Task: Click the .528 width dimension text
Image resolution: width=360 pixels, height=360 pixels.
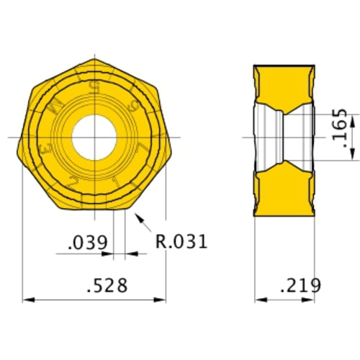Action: click(107, 286)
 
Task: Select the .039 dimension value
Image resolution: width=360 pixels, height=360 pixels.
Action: click(87, 242)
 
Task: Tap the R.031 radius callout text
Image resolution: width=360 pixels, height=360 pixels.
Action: click(181, 241)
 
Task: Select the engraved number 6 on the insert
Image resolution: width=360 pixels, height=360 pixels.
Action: click(130, 104)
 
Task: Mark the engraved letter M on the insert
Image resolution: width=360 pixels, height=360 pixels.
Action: click(57, 107)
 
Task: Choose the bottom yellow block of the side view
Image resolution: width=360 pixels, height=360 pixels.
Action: click(286, 191)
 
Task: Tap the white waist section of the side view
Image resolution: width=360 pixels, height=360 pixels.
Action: click(286, 136)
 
